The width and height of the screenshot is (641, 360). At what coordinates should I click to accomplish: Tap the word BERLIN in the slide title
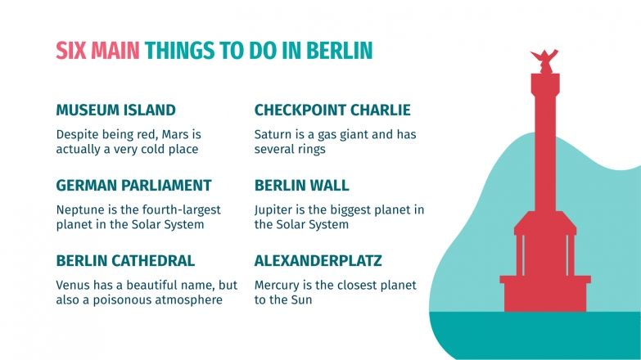[x=339, y=52]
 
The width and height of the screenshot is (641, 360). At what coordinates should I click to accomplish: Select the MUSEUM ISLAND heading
[x=115, y=110]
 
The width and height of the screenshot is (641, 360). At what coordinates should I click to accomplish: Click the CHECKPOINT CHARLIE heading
[x=332, y=110]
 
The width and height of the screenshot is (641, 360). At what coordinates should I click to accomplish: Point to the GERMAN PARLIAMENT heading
[x=133, y=185]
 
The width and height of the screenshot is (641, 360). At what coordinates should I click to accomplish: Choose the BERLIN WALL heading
[x=301, y=185]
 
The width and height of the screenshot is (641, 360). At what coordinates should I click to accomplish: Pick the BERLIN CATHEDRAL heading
[x=125, y=261]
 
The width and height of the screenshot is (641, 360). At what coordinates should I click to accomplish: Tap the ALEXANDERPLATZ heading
[x=318, y=261]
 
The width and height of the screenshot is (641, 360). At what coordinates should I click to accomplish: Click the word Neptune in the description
[x=80, y=209]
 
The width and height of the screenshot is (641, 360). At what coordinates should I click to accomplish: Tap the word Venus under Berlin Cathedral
[x=74, y=286]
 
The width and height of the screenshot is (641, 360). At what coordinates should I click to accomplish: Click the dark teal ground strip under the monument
[x=532, y=335]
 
